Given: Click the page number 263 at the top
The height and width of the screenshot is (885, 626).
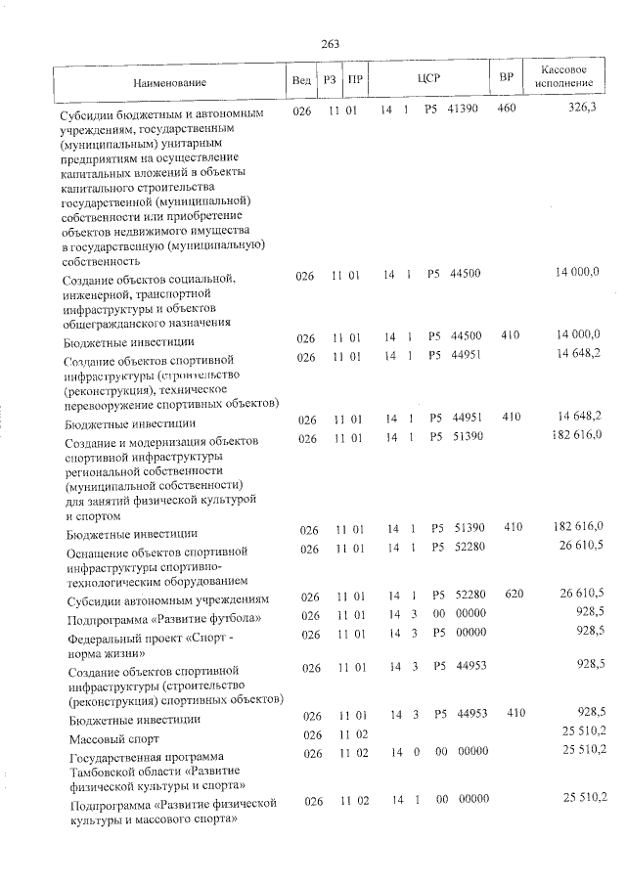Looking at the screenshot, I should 329,44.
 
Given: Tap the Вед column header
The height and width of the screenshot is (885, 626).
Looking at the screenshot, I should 301,78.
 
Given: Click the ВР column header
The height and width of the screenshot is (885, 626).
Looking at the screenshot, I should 507,77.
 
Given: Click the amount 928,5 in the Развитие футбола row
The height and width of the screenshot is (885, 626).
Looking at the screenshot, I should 590,611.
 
